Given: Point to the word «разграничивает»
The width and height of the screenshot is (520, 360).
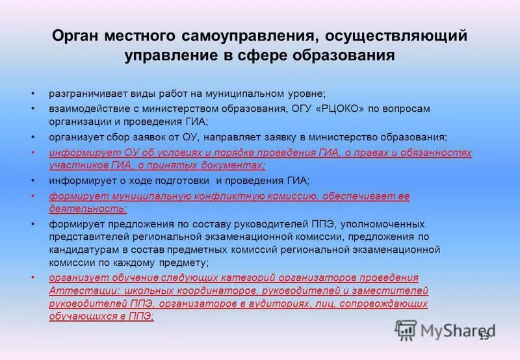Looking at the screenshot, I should (x=85, y=93).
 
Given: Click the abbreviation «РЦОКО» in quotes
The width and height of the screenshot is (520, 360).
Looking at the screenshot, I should (x=341, y=108).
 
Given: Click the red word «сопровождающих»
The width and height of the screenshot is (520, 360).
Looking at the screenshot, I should (x=389, y=303).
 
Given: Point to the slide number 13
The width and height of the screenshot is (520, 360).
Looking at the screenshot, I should (x=484, y=336).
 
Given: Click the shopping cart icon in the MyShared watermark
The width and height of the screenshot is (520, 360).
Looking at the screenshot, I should (x=405, y=329).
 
